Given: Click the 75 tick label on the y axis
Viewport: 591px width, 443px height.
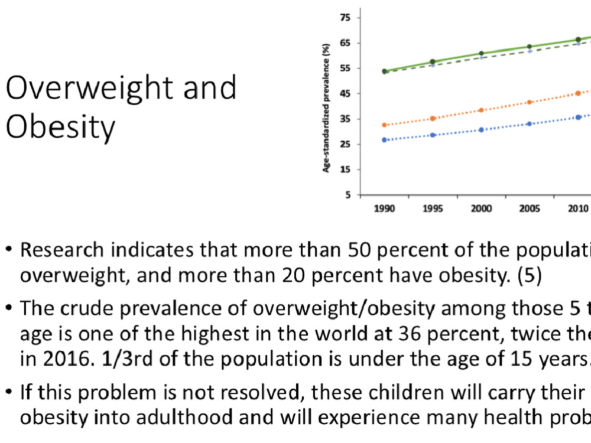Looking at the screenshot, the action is click(x=345, y=18).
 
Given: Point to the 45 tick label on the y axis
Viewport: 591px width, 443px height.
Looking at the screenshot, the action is click(x=345, y=94).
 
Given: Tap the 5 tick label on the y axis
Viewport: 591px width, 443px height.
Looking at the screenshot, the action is click(x=348, y=195).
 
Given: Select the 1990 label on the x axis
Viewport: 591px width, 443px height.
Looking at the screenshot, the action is click(x=385, y=209).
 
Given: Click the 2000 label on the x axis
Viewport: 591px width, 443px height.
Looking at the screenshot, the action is click(x=481, y=209).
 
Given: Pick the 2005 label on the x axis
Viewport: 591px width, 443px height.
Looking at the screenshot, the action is click(x=530, y=209).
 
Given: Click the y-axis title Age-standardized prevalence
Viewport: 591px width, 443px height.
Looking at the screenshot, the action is click(x=326, y=108).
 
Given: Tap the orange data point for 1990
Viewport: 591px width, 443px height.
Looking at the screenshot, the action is click(x=385, y=125).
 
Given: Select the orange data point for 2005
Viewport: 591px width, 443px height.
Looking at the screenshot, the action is click(x=530, y=102).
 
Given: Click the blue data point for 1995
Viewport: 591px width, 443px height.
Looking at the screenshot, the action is click(x=433, y=135).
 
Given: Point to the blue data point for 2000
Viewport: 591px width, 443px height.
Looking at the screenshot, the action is click(x=481, y=130).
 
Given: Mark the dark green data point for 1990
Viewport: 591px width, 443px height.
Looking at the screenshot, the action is click(x=385, y=71).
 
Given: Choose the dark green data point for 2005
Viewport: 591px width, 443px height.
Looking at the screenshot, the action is click(x=530, y=47).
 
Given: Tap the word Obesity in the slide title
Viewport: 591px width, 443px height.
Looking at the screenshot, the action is click(x=60, y=128).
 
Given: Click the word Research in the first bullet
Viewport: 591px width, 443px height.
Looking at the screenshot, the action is click(x=62, y=250).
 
